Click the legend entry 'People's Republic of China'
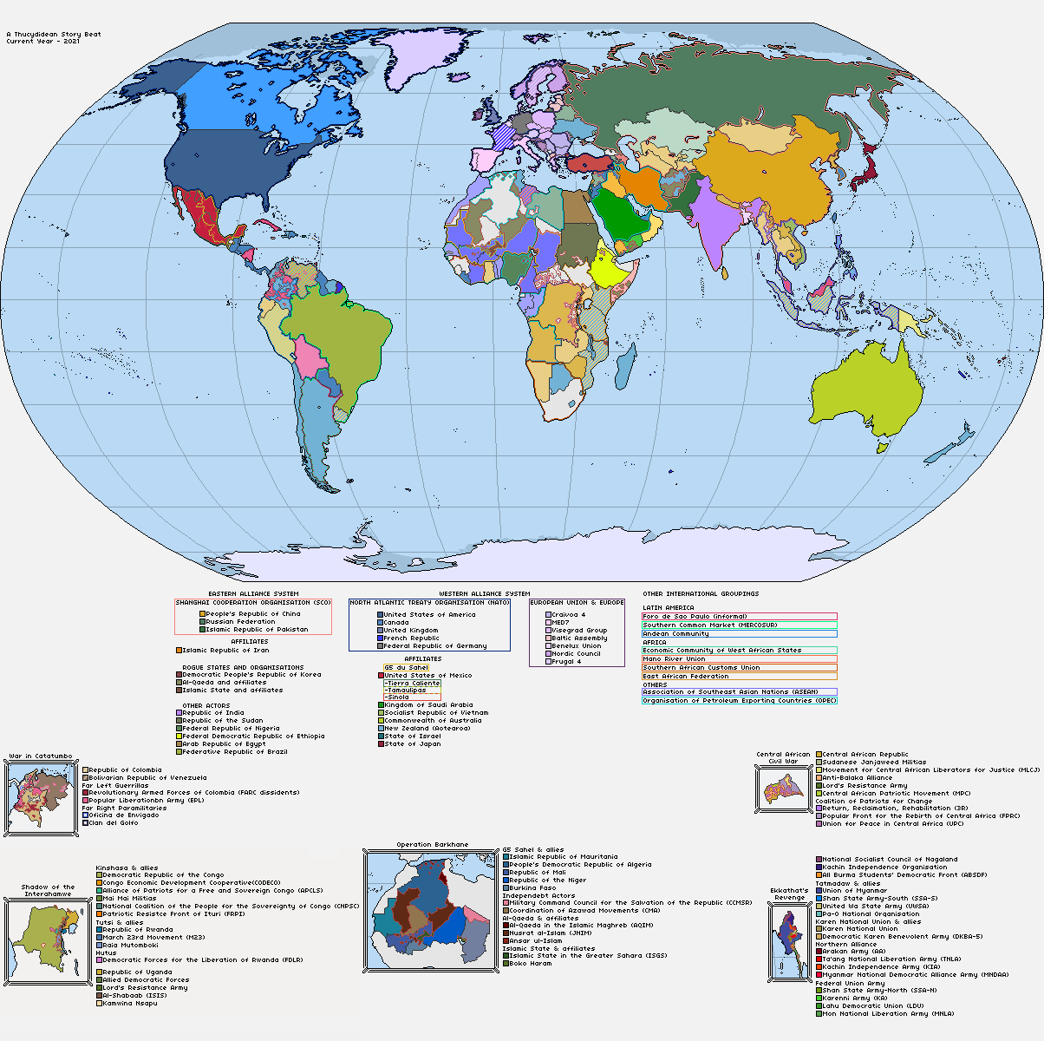(x=252, y=613)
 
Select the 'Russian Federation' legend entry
(x=240, y=621)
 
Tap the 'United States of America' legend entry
(x=429, y=614)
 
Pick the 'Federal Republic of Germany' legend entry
(x=434, y=645)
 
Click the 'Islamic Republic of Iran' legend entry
(x=225, y=650)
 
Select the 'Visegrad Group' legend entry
(x=578, y=630)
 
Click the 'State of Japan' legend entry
(x=412, y=743)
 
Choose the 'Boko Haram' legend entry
(x=530, y=963)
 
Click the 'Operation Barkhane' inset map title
(x=432, y=844)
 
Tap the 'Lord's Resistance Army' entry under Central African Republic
(x=864, y=785)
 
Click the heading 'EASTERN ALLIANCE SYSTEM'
(x=253, y=594)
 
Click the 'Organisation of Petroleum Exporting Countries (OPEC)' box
(x=739, y=700)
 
